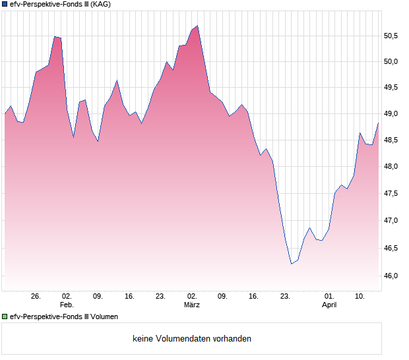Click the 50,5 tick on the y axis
pos(392,36)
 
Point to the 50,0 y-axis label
pos(392,62)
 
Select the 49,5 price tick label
pos(392,87)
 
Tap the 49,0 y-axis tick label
pos(392,114)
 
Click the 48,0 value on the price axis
pos(392,167)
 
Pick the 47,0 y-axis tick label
pos(392,221)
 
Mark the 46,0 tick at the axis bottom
pos(392,276)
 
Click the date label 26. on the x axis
pos(36,296)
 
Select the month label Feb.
pos(67,305)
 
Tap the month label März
pos(191,305)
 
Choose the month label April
pos(329,305)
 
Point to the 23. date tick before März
pos(160,296)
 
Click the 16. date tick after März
pos(254,296)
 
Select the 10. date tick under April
pos(360,296)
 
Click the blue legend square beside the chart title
pos(5,5)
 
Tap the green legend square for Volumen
pos(5,317)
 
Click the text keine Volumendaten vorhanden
pos(191,339)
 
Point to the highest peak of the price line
pos(197,26)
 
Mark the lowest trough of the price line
pos(292,264)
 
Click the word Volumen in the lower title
pos(104,317)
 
